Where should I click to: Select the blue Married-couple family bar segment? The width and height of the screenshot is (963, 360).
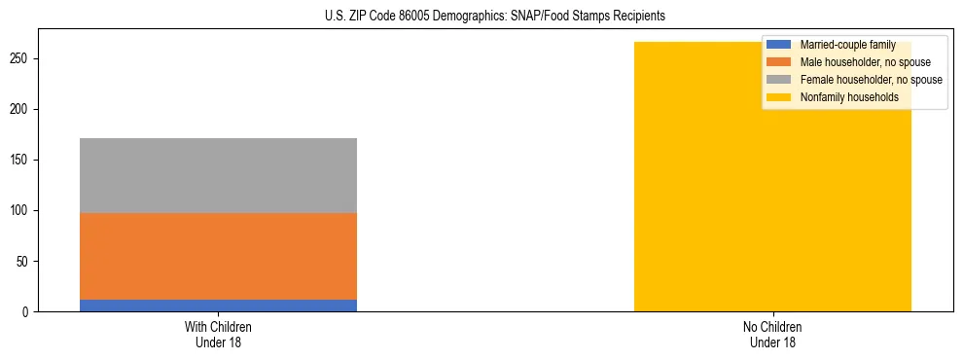click(218, 306)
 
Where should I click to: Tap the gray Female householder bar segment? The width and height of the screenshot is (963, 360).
click(218, 175)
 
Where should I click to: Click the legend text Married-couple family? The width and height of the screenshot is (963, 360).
click(847, 45)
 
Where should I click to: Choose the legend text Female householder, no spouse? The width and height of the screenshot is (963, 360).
click(871, 80)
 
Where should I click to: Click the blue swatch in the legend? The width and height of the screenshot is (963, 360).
click(779, 45)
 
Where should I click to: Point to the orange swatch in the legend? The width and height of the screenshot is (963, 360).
click(779, 62)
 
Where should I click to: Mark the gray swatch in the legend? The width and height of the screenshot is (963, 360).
click(779, 80)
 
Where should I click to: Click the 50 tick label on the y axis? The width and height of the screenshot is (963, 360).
click(25, 262)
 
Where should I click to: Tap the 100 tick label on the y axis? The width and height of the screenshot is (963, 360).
click(22, 211)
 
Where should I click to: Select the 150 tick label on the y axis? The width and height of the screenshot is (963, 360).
click(22, 161)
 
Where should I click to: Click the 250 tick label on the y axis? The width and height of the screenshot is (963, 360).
click(22, 59)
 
